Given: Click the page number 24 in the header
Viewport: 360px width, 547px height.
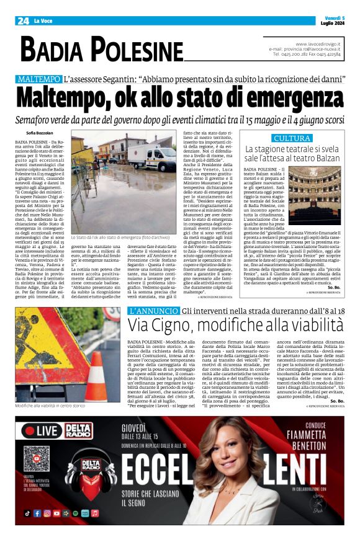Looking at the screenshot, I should tap(23, 20).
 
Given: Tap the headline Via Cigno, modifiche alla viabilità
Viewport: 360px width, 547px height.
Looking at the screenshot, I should tap(236, 324).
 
